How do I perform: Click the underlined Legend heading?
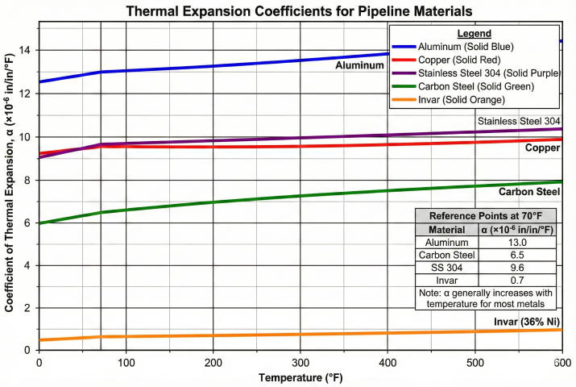pos(474,34)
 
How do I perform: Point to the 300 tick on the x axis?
pos(300,364)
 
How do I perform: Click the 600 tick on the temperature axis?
pos(561,364)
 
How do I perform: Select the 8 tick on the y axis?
pos(27,180)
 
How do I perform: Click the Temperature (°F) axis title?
pos(300,377)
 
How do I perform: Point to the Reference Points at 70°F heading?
pos(486,216)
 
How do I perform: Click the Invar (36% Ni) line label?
pos(528,322)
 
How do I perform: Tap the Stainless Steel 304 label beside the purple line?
pos(519,122)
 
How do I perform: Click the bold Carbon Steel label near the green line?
pos(529,192)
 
